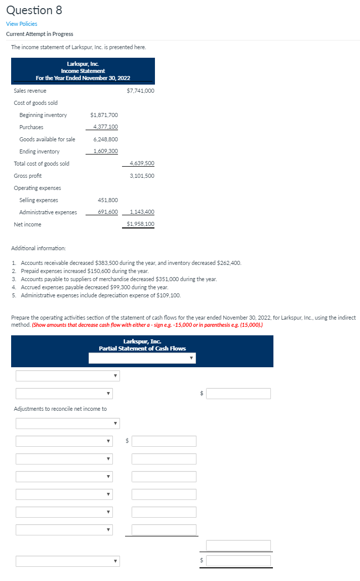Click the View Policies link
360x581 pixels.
(21, 24)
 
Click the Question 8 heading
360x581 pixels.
(34, 10)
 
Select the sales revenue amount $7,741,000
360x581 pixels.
(140, 91)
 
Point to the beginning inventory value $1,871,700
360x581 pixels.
(104, 115)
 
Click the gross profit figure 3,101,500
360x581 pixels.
(142, 176)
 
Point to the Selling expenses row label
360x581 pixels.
(38, 200)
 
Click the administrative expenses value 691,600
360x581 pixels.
(107, 212)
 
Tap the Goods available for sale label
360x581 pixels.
(47, 139)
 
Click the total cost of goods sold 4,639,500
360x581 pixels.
(142, 164)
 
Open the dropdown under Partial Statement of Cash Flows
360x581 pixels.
(142, 358)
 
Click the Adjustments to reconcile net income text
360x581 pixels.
(60, 409)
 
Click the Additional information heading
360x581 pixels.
(38, 248)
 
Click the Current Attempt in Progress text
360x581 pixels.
(39, 34)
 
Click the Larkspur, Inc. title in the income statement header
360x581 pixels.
(83, 64)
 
